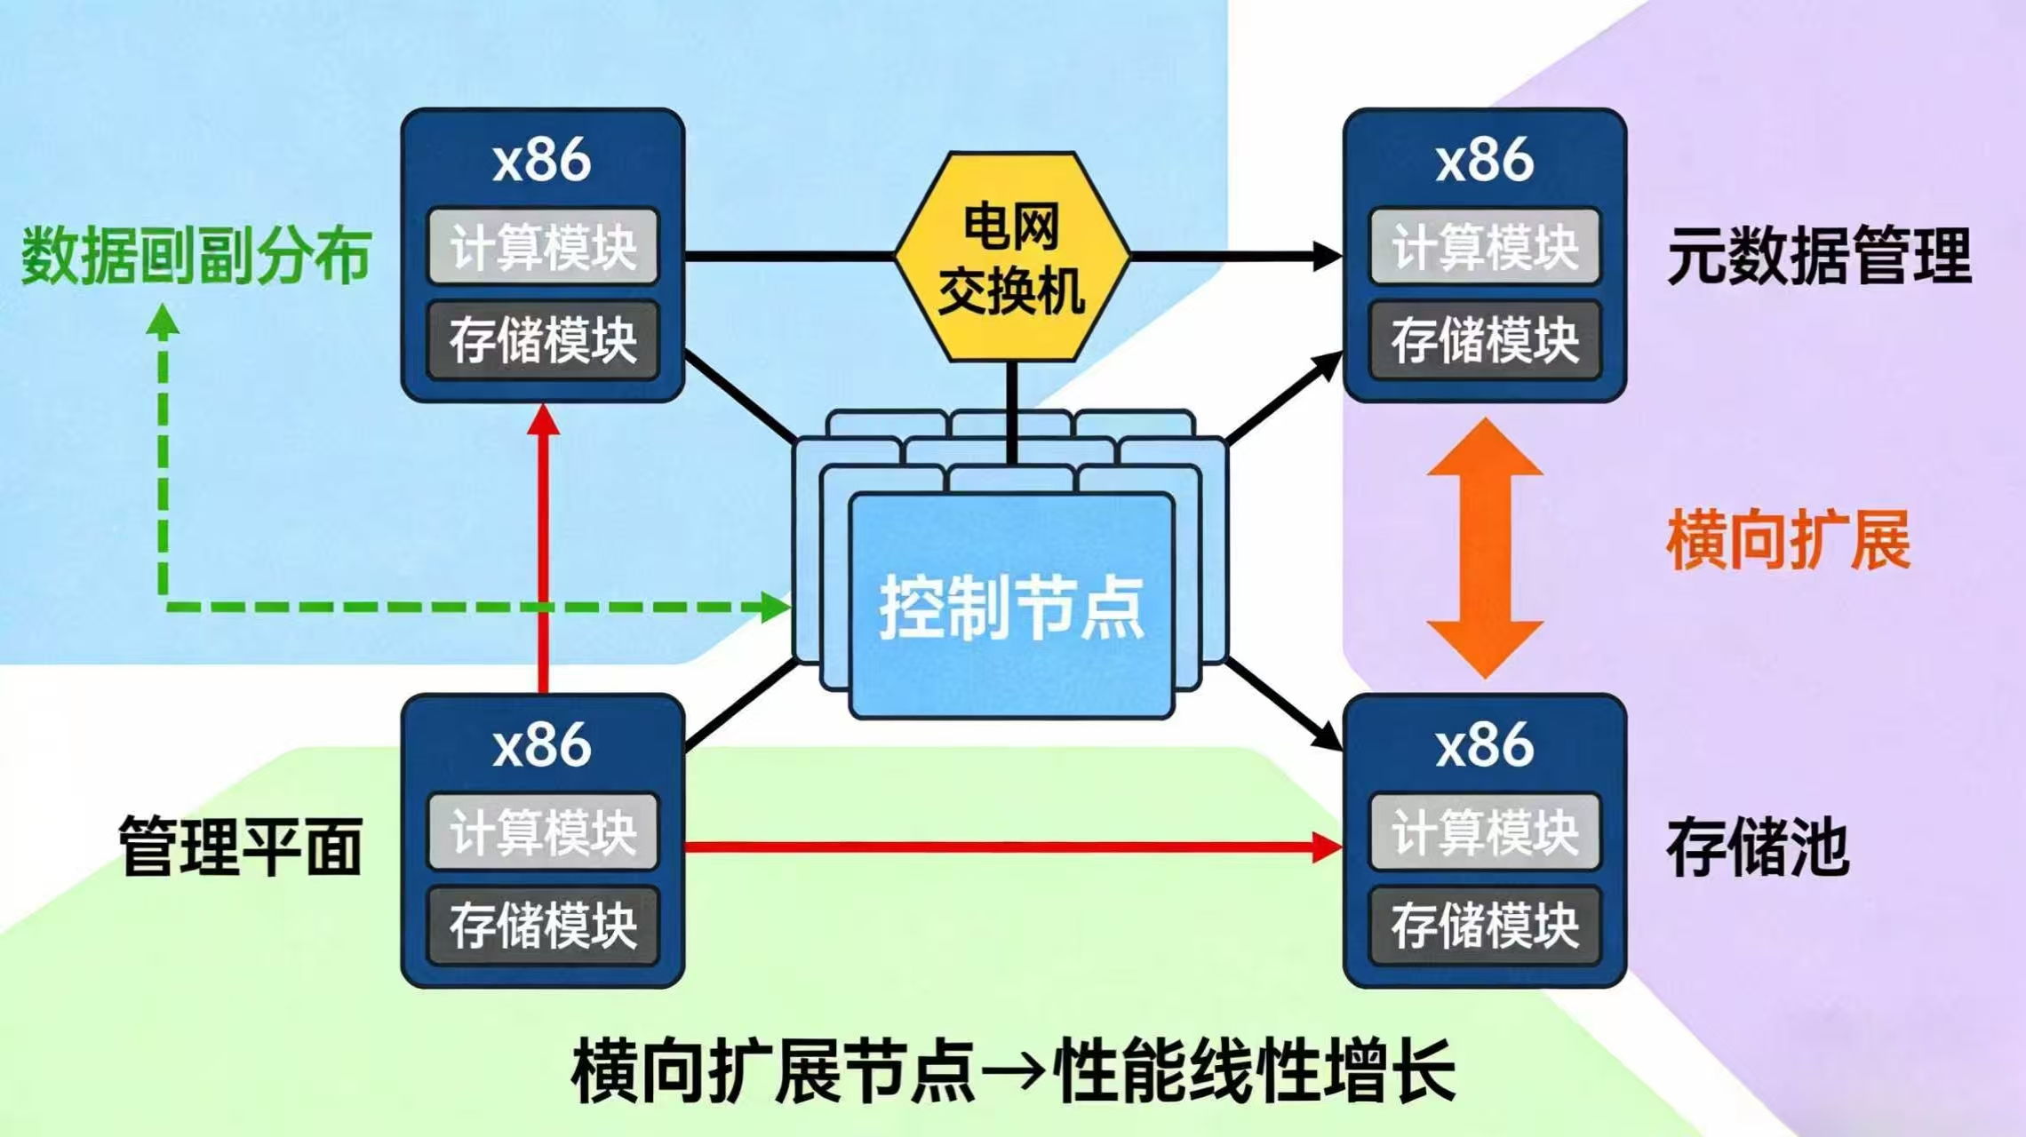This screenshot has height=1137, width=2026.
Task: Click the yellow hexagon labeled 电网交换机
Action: [x=1012, y=257]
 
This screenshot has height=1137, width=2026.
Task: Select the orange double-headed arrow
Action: [x=1484, y=548]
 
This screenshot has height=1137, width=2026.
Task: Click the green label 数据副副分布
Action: [x=195, y=257]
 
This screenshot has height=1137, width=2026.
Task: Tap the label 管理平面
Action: [x=241, y=847]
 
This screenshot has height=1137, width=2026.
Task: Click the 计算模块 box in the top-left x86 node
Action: [x=543, y=246]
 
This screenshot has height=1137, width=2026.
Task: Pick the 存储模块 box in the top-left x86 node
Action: [x=543, y=340]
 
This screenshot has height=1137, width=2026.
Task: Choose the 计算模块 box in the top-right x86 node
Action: [x=1485, y=246]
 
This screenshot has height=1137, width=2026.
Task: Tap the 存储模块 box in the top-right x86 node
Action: [x=1485, y=340]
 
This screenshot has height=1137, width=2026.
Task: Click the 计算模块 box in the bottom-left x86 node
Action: [x=543, y=831]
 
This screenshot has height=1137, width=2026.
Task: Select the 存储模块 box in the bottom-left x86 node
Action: [x=543, y=926]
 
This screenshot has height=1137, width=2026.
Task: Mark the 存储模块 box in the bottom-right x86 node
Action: [x=1485, y=926]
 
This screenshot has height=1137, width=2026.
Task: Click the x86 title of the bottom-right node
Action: [x=1485, y=744]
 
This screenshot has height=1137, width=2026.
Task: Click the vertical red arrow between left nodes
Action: [x=543, y=551]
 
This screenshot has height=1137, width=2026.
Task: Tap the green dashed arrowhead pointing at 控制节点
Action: [x=775, y=608]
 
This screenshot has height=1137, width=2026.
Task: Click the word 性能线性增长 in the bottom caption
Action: [x=1253, y=1071]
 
